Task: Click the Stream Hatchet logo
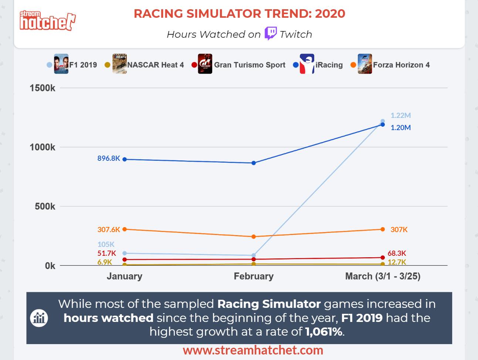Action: pos(47,21)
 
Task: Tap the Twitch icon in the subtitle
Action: pos(271,34)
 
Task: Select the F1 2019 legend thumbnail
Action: pos(61,64)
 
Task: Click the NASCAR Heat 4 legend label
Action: pos(155,65)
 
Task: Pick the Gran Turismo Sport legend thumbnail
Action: pos(205,64)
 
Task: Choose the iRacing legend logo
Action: pos(307,64)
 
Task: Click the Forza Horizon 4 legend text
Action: pos(401,65)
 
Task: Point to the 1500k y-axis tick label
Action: pos(43,88)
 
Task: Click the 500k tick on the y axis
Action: pos(45,206)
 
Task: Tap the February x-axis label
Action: pos(254,276)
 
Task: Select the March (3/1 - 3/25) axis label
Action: pos(383,276)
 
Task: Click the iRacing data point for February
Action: pos(254,163)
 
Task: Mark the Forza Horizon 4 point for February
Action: pos(254,237)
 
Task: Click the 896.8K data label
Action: pos(109,158)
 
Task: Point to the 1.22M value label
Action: pos(401,115)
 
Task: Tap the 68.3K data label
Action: pos(397,253)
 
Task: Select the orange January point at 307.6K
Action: pos(125,229)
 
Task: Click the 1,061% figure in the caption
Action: pos(324,332)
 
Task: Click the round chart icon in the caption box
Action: pos(39,318)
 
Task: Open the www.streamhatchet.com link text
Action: pos(253,350)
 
